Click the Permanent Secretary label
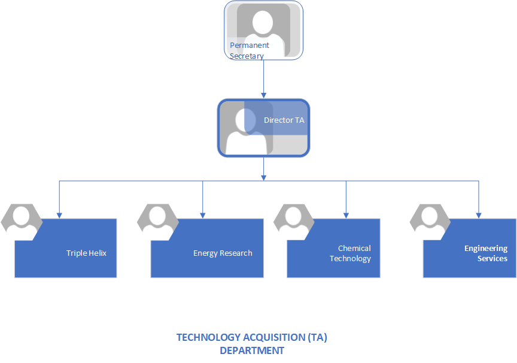click(249, 50)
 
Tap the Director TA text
click(284, 120)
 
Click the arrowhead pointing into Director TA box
click(263, 95)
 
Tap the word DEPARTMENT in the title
click(251, 350)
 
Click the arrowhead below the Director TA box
click(263, 177)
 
